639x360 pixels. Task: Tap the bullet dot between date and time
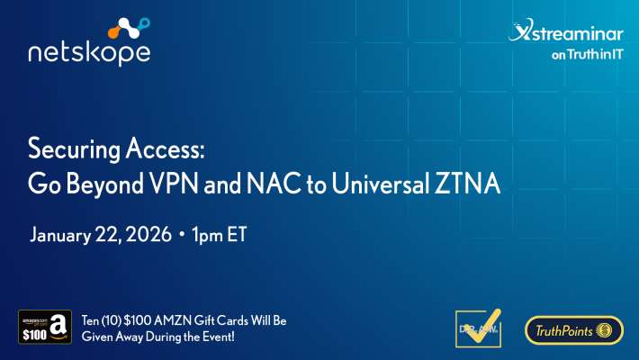(181, 236)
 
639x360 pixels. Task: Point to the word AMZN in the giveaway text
(174, 320)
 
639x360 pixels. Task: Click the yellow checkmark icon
(479, 328)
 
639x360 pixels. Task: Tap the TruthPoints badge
(574, 330)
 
